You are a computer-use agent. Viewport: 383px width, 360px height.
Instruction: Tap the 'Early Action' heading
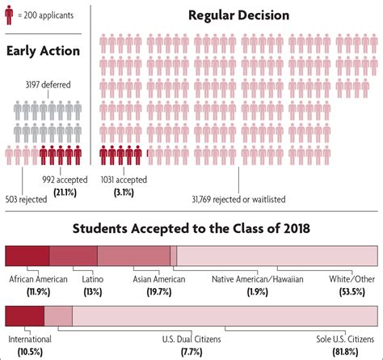click(x=43, y=50)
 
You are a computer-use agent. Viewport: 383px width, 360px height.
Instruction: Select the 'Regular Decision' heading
click(x=239, y=15)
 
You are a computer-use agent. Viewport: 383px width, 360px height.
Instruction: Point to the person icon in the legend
click(x=10, y=15)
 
